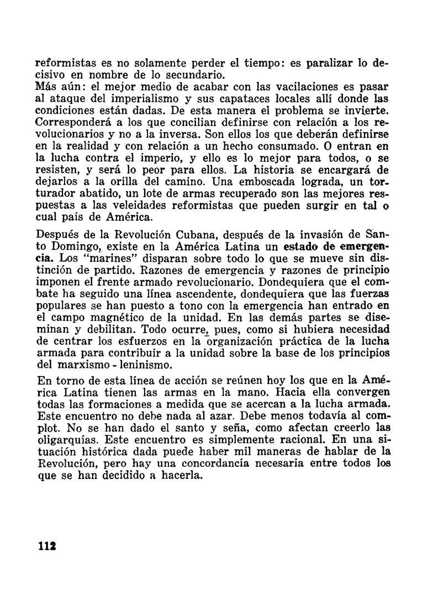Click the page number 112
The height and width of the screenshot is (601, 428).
tap(46, 545)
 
